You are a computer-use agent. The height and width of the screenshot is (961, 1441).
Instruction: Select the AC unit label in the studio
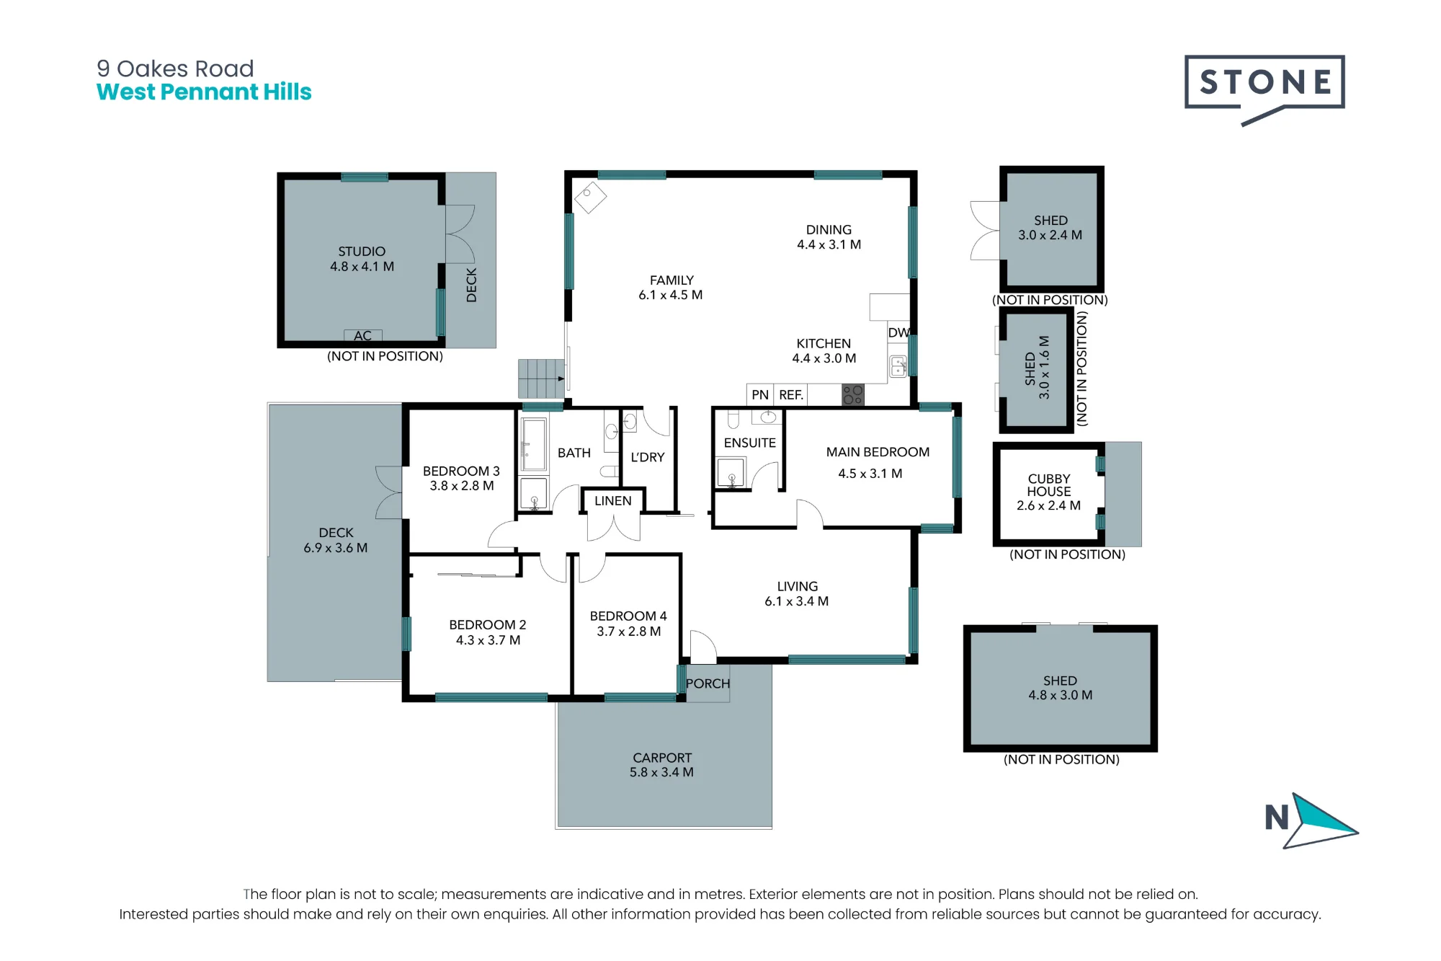coord(362,336)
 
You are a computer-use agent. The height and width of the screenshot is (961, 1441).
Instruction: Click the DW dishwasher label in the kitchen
coord(899,332)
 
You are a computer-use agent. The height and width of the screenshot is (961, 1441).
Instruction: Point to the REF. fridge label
coord(790,395)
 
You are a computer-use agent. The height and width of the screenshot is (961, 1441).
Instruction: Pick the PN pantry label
coord(760,395)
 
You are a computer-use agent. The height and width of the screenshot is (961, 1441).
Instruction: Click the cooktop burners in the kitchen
coord(853,394)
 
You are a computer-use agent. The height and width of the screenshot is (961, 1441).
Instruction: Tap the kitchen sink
coord(898,366)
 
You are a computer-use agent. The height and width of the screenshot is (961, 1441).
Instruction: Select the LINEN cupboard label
coord(612,501)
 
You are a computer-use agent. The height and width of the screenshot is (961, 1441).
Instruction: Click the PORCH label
coord(708,683)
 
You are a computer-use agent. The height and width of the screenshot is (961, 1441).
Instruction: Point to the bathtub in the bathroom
coord(534,444)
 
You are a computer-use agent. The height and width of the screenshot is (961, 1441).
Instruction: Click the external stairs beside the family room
coord(541,378)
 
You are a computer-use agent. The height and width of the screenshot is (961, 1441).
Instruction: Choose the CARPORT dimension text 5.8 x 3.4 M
coord(661,772)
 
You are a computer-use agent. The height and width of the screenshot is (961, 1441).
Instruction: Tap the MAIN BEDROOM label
coord(878,452)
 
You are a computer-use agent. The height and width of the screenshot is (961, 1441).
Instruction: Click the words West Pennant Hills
coord(204,92)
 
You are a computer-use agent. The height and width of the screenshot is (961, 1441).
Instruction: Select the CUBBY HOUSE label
coord(1049,485)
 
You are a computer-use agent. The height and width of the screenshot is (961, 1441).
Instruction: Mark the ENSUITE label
coord(750,443)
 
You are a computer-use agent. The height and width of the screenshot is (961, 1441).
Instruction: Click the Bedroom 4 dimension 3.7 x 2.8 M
coord(628,632)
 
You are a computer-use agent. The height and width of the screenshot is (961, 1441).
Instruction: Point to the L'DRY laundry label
coord(648,457)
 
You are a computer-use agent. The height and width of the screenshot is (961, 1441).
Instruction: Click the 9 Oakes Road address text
coord(175,68)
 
